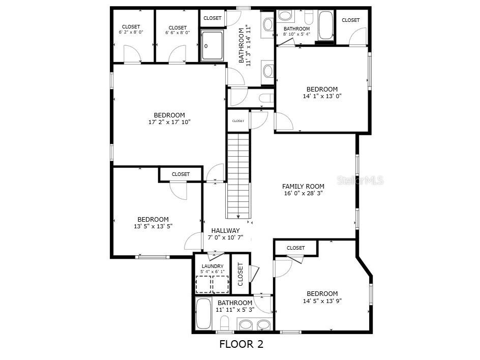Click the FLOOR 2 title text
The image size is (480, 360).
pos(241,344)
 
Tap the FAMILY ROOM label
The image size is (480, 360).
pos(303,186)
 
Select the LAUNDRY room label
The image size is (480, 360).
pos(213,266)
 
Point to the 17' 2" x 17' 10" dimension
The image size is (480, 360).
pos(169,122)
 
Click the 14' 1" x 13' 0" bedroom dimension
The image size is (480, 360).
pos(322,96)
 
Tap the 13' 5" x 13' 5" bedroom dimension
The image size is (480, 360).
pos(153,226)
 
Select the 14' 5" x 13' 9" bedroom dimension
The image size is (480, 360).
pos(322,301)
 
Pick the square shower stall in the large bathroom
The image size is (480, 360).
pos(212,46)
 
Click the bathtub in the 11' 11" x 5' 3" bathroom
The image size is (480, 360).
pos(204,314)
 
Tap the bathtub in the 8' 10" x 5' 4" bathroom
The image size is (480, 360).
pos(325,25)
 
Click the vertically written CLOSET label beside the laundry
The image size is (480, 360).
pos(241,274)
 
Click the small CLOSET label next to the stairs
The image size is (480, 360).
pos(238,121)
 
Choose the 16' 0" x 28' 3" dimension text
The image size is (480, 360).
pos(303,193)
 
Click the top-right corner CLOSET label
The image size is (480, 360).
pos(350,20)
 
